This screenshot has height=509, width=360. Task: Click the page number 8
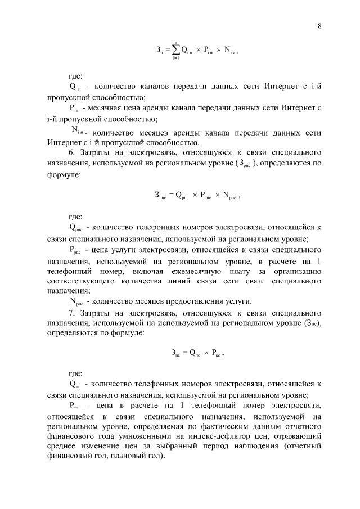pos(319,26)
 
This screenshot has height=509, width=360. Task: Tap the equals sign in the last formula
pos(184,353)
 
